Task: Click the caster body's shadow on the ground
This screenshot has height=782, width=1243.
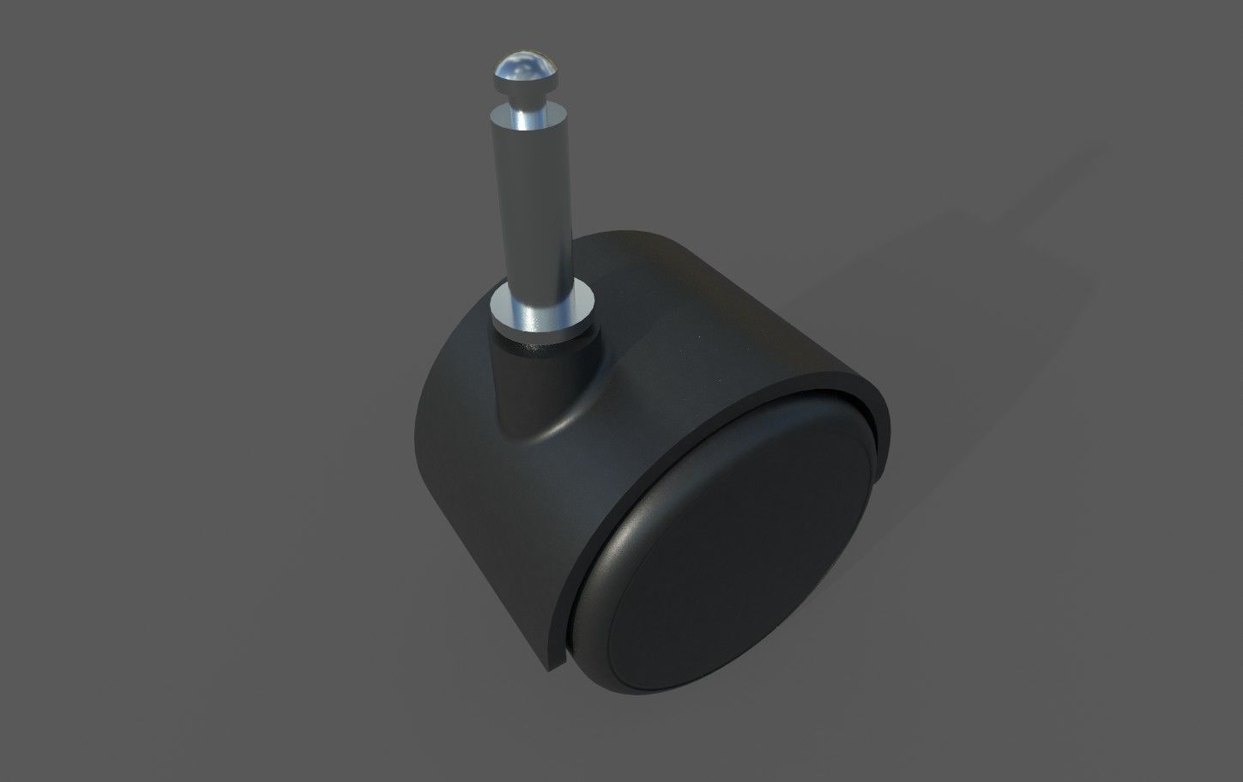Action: point(987,326)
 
